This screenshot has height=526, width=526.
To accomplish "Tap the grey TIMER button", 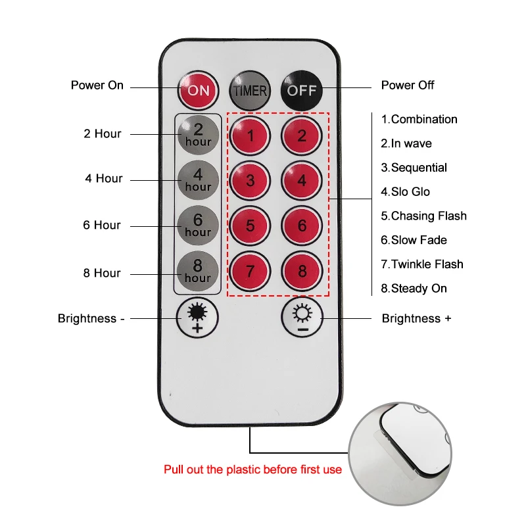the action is point(249,89).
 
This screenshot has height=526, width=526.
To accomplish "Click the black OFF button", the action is point(302,89).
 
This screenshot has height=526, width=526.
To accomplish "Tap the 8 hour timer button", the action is point(198,272).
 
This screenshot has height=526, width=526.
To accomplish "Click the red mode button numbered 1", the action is point(250,136).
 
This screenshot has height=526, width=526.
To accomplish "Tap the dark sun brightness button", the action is point(197,317).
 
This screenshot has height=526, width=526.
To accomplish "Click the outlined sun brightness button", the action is point(302,317).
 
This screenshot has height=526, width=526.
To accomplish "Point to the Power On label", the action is point(97,85).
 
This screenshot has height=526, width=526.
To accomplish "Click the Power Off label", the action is point(408,85).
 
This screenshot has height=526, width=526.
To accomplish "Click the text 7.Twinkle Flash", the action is point(422,264).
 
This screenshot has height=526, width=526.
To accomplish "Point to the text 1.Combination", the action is point(419,119).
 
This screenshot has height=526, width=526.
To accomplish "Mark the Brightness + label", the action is point(416,318).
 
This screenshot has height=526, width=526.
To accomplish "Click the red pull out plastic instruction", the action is point(252,469).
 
